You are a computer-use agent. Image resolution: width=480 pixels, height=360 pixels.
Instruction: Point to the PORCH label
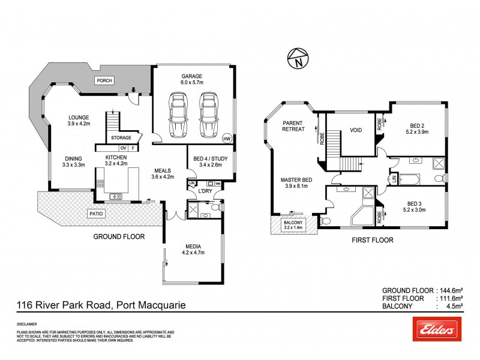[x=105, y=80]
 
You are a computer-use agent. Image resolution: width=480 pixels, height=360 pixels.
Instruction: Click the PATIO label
[x=97, y=213]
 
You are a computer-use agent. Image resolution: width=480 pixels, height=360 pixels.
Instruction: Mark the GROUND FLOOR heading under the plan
[x=118, y=237]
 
